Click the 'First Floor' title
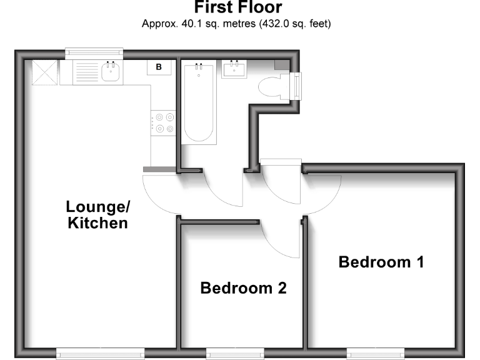237,8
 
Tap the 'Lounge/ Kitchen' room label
97,214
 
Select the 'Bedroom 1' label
381,262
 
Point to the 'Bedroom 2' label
243,288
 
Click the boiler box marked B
159,67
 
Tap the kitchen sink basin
110,72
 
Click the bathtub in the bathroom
199,102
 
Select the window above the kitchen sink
94,53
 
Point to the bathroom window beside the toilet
296,86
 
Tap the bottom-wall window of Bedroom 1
375,354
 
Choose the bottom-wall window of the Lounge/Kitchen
100,354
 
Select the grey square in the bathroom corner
282,65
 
